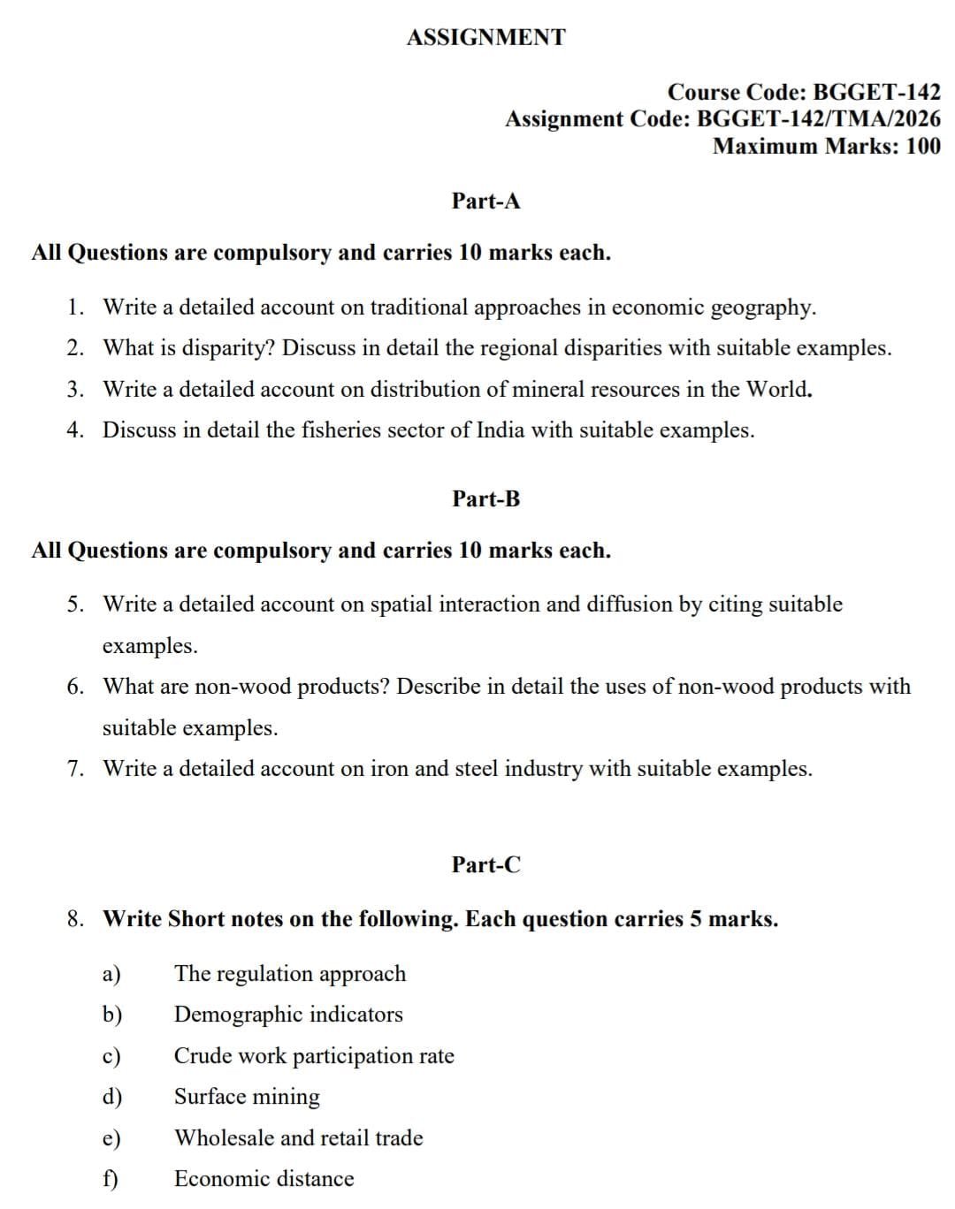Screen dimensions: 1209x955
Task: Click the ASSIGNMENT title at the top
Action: [485, 37]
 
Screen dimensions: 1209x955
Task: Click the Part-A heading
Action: [485, 201]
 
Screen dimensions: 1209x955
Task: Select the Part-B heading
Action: [485, 498]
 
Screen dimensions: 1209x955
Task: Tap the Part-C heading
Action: [485, 864]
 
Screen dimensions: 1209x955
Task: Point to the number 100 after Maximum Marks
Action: [923, 146]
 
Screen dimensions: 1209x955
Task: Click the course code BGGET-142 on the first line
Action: [876, 92]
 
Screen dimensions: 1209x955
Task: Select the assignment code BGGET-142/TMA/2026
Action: [819, 118]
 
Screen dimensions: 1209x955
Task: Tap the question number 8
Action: [76, 919]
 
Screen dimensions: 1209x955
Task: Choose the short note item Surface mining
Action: [247, 1097]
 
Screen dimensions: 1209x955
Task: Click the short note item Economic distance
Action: [264, 1179]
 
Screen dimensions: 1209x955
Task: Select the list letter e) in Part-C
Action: [111, 1138]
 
